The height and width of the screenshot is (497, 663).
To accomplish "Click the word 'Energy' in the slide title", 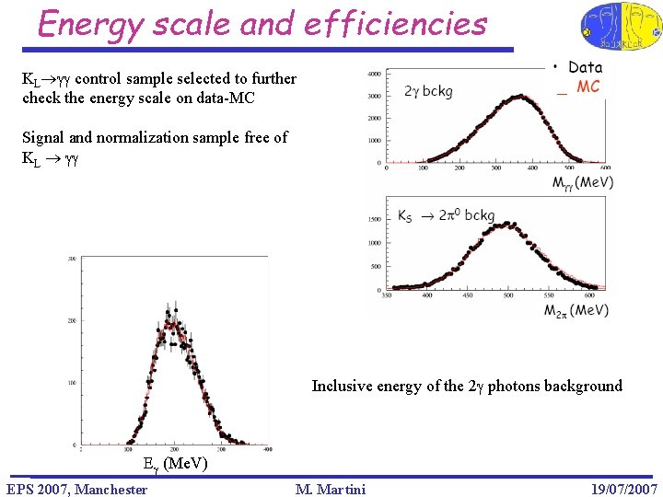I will (x=90, y=24).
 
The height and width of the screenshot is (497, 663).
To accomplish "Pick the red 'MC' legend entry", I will (x=587, y=87).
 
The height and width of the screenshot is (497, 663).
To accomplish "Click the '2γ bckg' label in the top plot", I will (x=427, y=91).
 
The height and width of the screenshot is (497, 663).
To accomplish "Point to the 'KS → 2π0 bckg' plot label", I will (x=446, y=216).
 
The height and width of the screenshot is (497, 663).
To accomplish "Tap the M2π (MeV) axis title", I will (x=576, y=310).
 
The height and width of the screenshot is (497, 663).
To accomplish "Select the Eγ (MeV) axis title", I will (x=176, y=465).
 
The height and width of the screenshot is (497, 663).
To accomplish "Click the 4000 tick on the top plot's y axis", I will (x=374, y=74).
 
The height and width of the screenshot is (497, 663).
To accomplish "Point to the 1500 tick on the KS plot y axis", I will (x=374, y=220).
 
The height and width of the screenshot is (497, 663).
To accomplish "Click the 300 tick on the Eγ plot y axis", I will (x=71, y=260).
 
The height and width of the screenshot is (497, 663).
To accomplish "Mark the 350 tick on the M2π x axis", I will (x=387, y=296).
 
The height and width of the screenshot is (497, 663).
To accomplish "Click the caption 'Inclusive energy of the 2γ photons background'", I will (x=467, y=386).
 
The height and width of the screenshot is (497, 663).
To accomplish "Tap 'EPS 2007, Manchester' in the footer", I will (x=76, y=489).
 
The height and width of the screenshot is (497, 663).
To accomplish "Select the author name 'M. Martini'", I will (x=331, y=489).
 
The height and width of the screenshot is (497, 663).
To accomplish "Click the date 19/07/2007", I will (x=623, y=489).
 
